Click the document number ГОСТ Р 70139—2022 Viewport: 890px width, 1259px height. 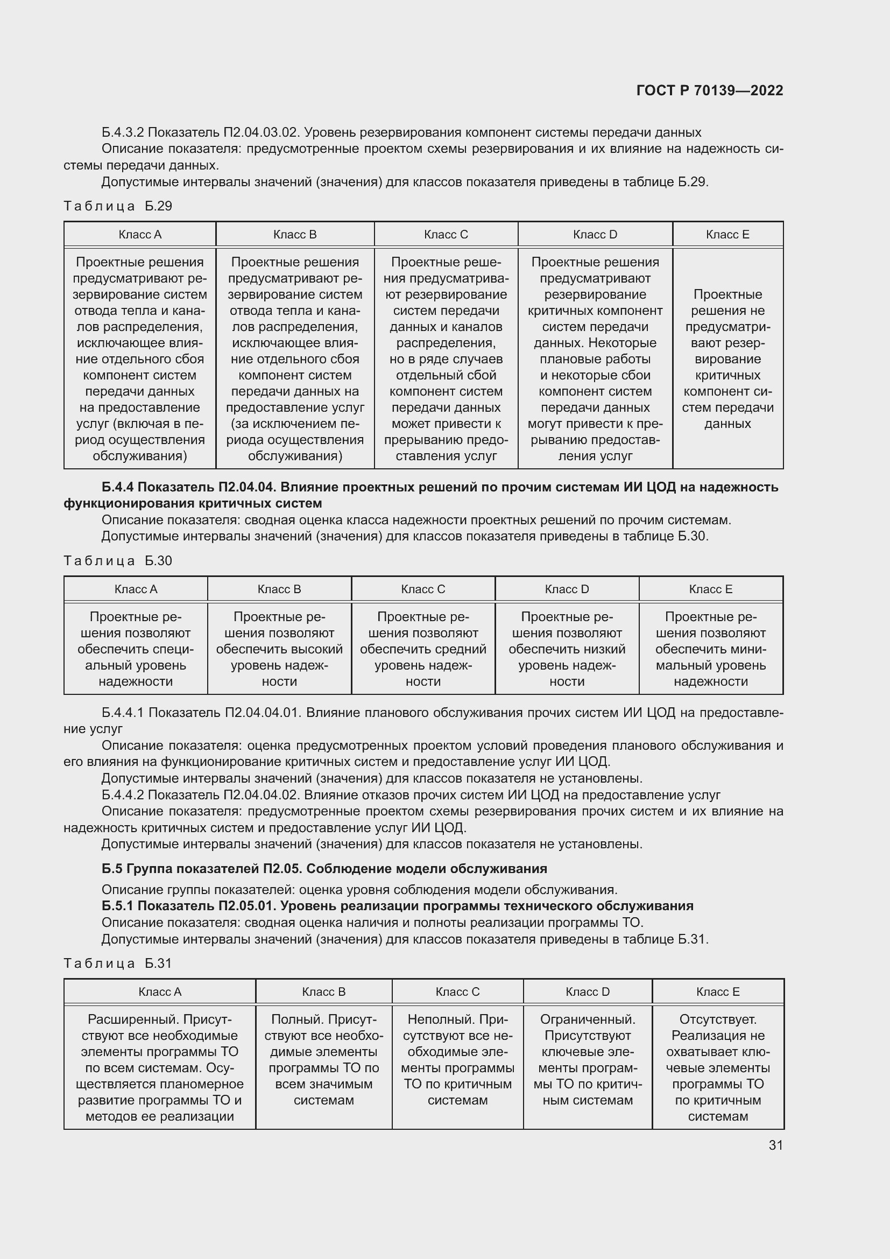pos(710,90)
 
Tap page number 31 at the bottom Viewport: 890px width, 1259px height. pos(775,1145)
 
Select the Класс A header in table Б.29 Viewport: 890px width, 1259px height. pos(140,235)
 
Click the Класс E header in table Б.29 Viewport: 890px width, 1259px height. pos(727,235)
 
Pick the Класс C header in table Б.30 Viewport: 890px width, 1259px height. pos(422,589)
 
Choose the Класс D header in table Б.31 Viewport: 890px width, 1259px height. pos(588,992)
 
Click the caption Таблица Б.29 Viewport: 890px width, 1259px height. pos(118,206)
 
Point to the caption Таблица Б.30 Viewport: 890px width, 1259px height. pos(118,561)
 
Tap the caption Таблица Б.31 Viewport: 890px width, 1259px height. pos(118,963)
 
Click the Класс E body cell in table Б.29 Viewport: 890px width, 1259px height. pos(727,359)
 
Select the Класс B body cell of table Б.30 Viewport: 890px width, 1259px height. pos(279,649)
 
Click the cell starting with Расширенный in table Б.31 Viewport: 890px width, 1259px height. pos(159,1067)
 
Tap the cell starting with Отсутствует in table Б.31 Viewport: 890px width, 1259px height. pos(717,1067)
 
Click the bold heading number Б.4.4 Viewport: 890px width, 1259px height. pos(118,488)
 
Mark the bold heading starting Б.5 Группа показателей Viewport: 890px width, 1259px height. pos(324,869)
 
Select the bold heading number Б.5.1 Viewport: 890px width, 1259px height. pos(118,906)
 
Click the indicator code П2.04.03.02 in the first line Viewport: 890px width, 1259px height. pos(261,133)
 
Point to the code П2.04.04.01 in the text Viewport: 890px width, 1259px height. pos(262,713)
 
